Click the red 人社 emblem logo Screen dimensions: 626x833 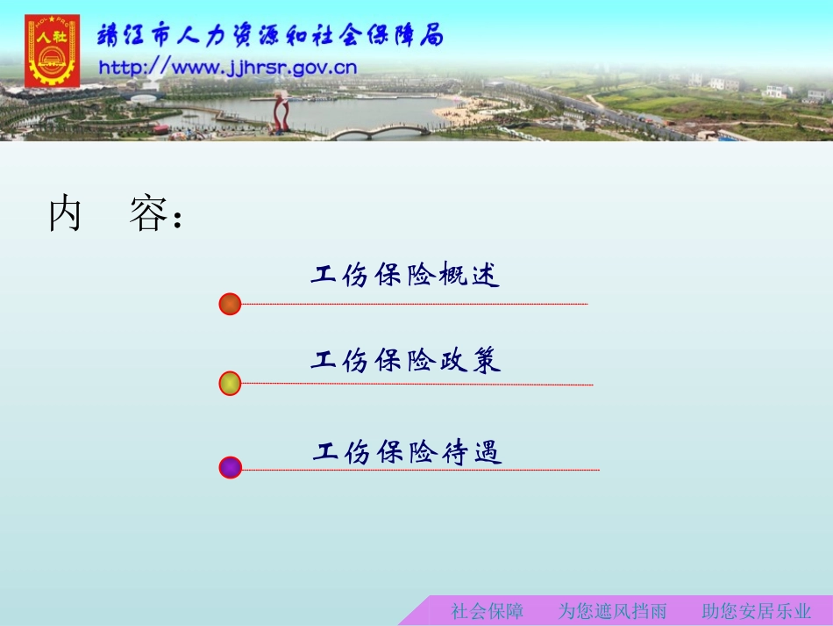coord(52,50)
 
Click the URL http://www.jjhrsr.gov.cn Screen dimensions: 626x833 coord(227,68)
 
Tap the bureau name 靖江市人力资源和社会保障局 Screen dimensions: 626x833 coord(270,36)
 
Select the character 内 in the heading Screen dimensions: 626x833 coord(65,215)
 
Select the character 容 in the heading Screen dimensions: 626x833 coord(146,215)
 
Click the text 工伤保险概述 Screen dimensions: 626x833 coord(405,276)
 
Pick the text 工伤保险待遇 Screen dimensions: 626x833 coord(408,453)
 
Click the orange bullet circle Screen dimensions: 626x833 coord(230,305)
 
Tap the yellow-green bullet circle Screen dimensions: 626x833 coord(230,384)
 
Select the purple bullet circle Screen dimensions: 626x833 coord(230,468)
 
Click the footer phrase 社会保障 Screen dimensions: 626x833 coord(488,611)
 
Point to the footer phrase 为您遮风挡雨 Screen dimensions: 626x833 coord(612,611)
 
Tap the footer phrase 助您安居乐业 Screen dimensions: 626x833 coord(757,611)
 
